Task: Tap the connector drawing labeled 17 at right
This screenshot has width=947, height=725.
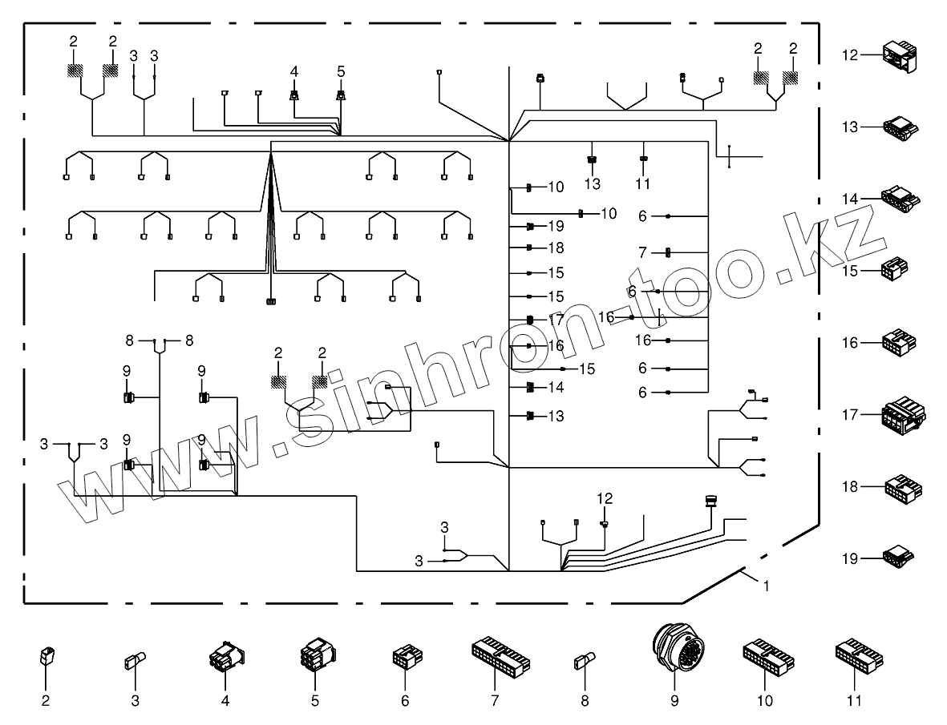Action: [x=900, y=414]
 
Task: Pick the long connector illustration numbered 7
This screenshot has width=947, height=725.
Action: [x=500, y=657]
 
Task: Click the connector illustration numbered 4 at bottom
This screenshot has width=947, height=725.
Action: [x=225, y=658]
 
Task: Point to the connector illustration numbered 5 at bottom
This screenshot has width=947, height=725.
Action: [x=315, y=659]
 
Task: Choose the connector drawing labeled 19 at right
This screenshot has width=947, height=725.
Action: [x=898, y=556]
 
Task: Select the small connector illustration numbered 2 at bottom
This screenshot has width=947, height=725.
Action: [x=46, y=658]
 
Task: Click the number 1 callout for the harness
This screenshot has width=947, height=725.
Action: [x=766, y=586]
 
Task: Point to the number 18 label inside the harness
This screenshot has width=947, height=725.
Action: [x=556, y=248]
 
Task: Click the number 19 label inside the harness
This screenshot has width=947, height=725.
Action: [x=556, y=227]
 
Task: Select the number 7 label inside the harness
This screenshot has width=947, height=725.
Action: [x=643, y=252]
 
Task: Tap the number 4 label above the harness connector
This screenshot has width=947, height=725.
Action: [x=294, y=72]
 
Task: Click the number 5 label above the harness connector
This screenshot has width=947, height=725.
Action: [x=341, y=72]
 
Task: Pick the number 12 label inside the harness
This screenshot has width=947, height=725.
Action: [x=604, y=498]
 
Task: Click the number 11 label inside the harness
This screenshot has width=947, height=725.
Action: [x=643, y=184]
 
